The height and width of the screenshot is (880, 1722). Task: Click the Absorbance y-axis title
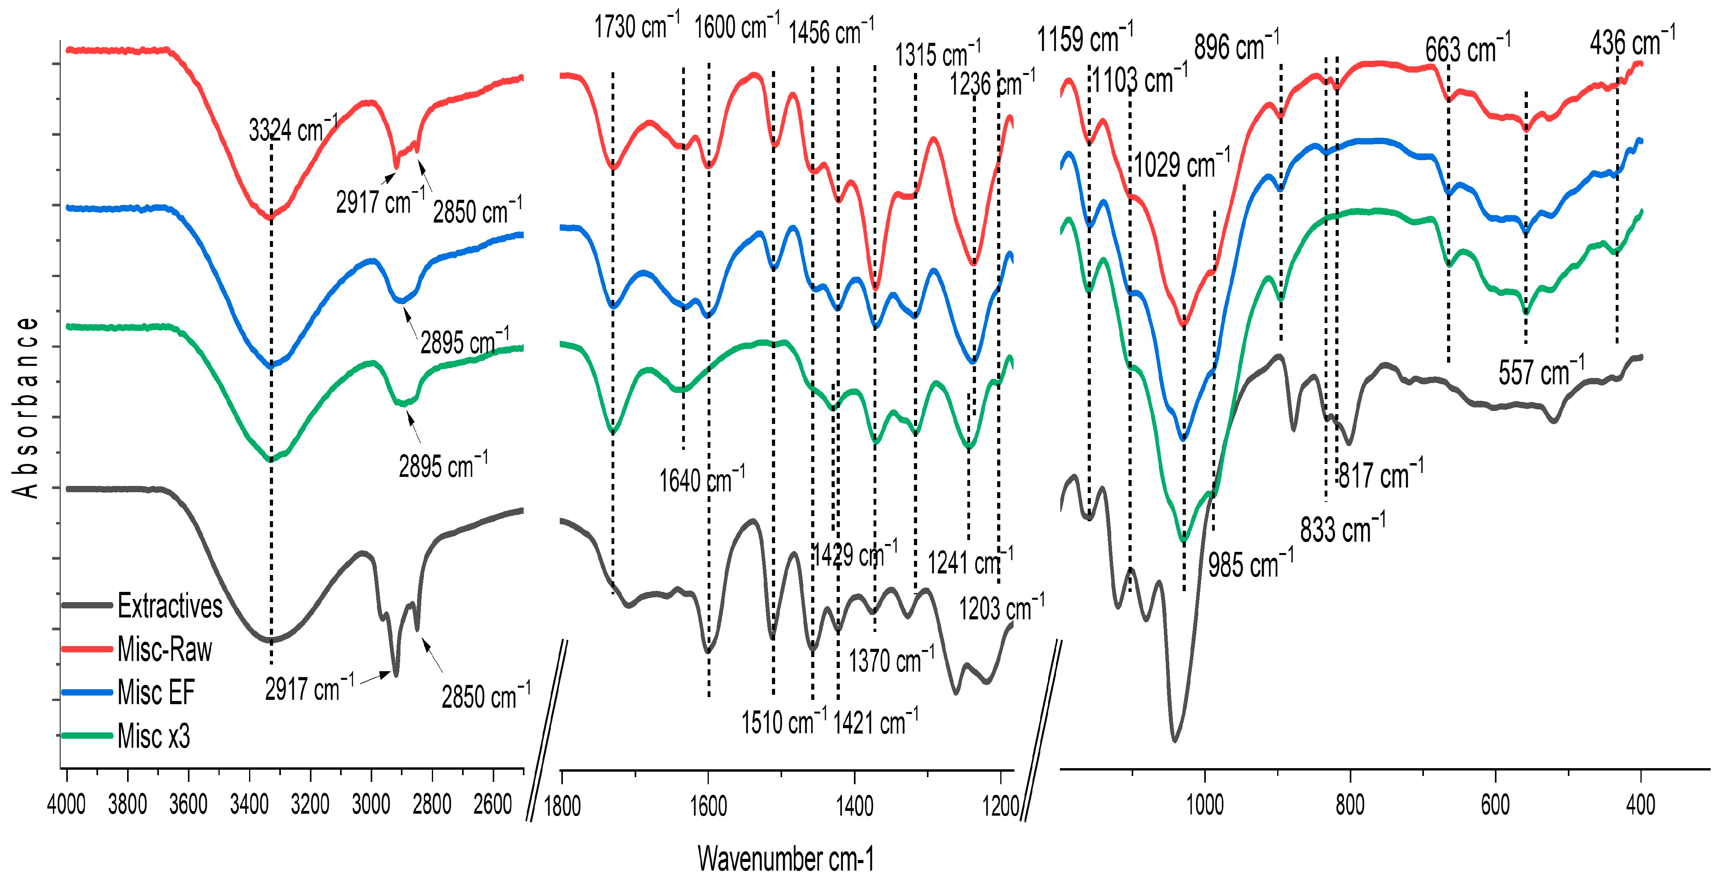(x=25, y=407)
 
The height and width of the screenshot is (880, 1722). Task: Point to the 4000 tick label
(x=66, y=804)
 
